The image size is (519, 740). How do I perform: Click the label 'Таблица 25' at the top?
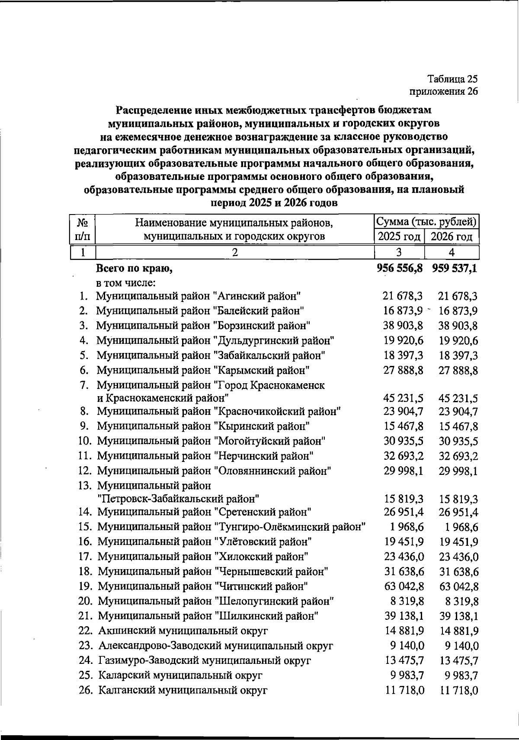tap(452, 79)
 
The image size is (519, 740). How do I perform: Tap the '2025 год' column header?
tap(399, 237)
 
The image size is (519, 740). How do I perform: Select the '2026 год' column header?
tap(452, 237)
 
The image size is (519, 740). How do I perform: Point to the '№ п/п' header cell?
tap(82, 229)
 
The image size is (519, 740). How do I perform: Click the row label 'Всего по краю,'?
tap(134, 269)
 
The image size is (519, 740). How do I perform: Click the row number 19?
tap(85, 587)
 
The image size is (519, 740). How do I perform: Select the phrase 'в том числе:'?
tap(125, 283)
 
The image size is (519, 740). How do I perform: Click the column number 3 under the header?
tap(399, 252)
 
